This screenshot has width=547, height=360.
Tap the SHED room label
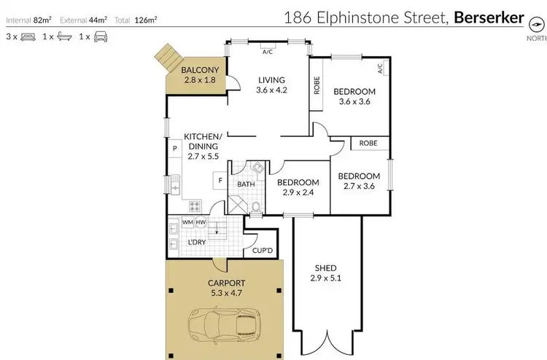pyautogui.click(x=325, y=267)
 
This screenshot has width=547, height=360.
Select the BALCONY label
pyautogui.click(x=200, y=71)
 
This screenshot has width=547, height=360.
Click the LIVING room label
pyautogui.click(x=270, y=80)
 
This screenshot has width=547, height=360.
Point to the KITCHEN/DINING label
pyautogui.click(x=202, y=141)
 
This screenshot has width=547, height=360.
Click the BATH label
pyautogui.click(x=246, y=184)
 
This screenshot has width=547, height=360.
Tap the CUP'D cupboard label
pyautogui.click(x=262, y=251)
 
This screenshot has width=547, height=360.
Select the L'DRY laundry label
pyautogui.click(x=195, y=241)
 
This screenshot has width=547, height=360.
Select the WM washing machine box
pyautogui.click(x=187, y=222)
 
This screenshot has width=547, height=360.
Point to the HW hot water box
pyautogui.click(x=201, y=222)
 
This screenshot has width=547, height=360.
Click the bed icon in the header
pyautogui.click(x=27, y=36)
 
